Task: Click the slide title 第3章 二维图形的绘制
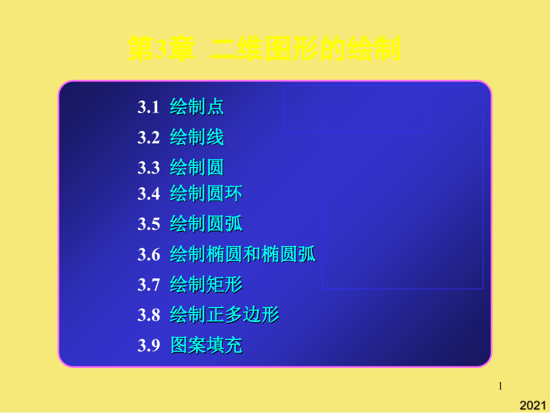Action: click(x=264, y=49)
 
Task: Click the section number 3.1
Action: click(x=148, y=107)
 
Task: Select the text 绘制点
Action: click(x=197, y=107)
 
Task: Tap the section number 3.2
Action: click(x=148, y=138)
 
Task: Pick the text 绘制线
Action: click(x=197, y=138)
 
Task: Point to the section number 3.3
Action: click(x=148, y=168)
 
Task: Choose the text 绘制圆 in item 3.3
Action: click(x=197, y=167)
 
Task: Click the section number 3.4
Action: click(x=148, y=194)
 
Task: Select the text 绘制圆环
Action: click(x=206, y=194)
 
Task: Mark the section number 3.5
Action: click(x=148, y=224)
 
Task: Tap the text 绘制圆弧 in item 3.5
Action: click(x=206, y=224)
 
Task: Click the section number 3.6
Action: click(x=148, y=255)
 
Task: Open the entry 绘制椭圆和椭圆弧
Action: click(x=243, y=255)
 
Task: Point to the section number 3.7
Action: click(x=148, y=285)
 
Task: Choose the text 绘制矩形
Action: click(x=206, y=285)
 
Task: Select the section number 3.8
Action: click(x=148, y=315)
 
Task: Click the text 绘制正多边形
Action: click(x=224, y=315)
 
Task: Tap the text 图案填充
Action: click(x=206, y=345)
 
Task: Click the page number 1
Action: click(x=500, y=387)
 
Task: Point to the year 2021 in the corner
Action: click(x=533, y=406)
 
